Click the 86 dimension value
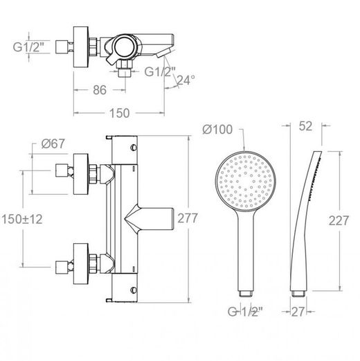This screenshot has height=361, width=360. (100, 90)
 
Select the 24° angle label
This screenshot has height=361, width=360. (186, 80)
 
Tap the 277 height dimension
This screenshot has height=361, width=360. (188, 218)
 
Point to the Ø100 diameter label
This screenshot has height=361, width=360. (217, 130)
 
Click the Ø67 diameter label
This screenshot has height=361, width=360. (53, 143)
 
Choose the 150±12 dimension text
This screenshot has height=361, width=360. (22, 219)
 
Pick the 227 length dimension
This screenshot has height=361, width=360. (339, 220)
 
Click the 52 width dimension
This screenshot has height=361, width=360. (305, 126)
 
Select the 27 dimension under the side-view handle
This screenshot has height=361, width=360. (298, 312)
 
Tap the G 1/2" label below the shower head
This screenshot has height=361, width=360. (245, 312)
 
